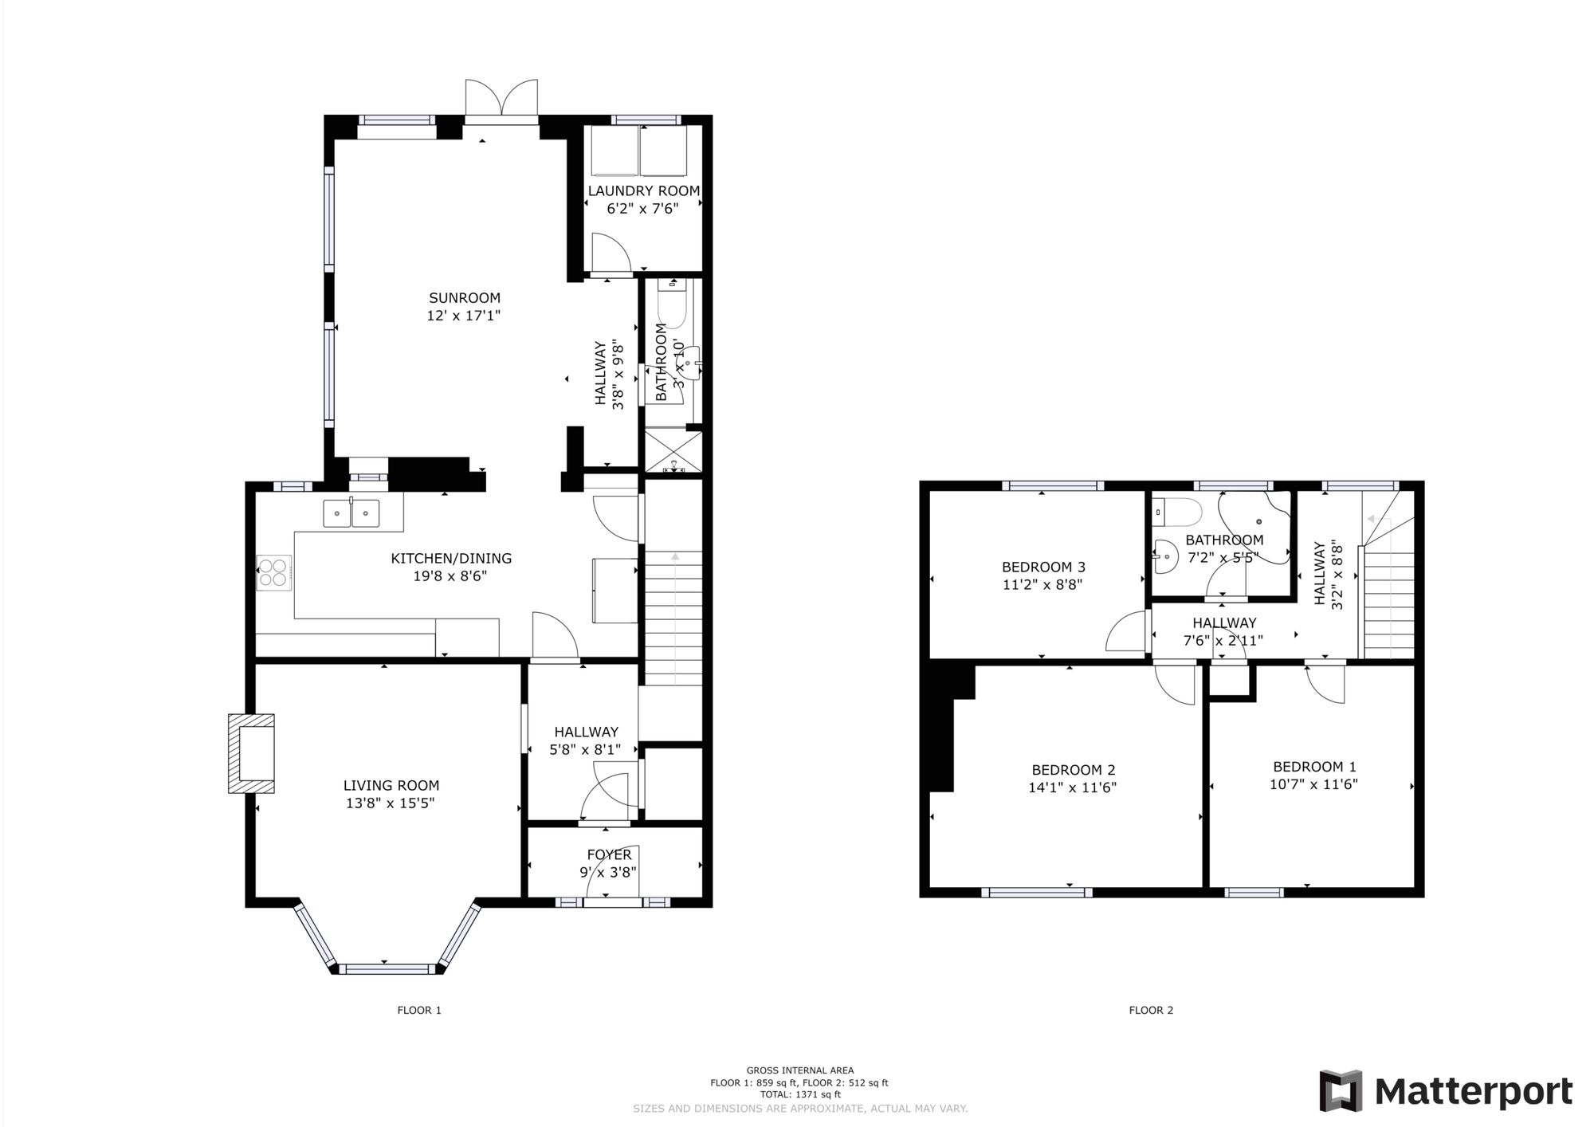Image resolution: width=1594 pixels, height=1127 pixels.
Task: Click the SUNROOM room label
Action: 464,298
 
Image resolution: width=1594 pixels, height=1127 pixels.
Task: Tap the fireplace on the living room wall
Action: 252,753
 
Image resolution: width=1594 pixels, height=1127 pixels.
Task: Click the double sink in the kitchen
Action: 351,513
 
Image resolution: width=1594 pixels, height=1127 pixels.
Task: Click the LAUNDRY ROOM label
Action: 643,191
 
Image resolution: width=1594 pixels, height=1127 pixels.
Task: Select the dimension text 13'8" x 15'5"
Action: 391,803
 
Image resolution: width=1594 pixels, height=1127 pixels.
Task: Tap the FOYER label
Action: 609,855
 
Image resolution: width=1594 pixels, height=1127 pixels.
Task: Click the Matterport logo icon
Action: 1341,1091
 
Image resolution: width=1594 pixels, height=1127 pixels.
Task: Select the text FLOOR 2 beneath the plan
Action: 1151,1011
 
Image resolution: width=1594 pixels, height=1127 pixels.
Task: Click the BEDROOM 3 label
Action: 1043,567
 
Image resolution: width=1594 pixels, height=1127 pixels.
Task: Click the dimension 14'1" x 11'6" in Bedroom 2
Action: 1073,787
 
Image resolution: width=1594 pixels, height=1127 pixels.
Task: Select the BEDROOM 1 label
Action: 1314,767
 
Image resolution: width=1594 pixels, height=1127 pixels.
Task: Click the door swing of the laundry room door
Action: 611,253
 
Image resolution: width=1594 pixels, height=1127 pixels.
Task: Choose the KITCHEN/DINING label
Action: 450,559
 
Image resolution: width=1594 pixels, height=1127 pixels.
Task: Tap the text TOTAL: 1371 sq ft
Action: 799,1095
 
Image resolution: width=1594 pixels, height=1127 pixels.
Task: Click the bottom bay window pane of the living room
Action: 386,969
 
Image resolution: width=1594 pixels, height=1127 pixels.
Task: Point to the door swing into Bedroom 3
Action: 1126,633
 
